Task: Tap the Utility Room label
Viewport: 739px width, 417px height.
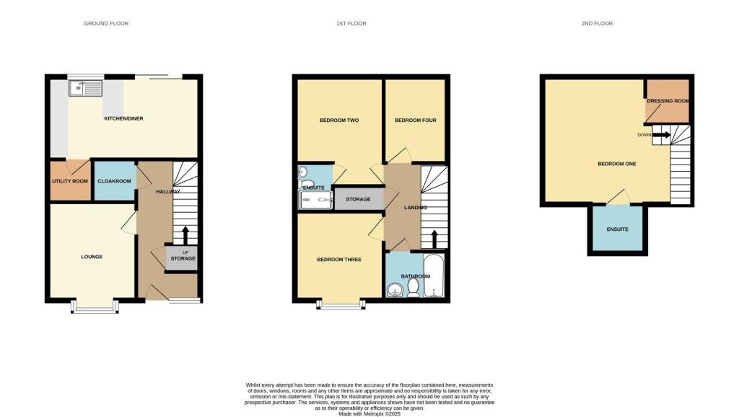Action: click(x=69, y=181)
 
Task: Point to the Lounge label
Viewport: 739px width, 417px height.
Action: click(x=92, y=257)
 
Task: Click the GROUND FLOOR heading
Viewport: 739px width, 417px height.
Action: click(x=106, y=24)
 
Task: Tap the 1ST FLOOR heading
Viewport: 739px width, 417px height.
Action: click(x=351, y=24)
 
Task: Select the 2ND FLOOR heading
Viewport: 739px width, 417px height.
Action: click(x=597, y=24)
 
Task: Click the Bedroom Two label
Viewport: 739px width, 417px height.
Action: click(x=339, y=120)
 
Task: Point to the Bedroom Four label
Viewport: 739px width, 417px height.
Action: click(x=415, y=120)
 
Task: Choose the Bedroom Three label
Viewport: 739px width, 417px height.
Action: click(x=339, y=259)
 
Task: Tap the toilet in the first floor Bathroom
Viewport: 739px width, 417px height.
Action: click(x=414, y=288)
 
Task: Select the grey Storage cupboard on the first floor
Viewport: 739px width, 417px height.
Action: click(x=358, y=199)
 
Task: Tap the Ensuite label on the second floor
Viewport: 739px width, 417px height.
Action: click(x=617, y=229)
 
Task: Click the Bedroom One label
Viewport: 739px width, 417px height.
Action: click(x=617, y=164)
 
